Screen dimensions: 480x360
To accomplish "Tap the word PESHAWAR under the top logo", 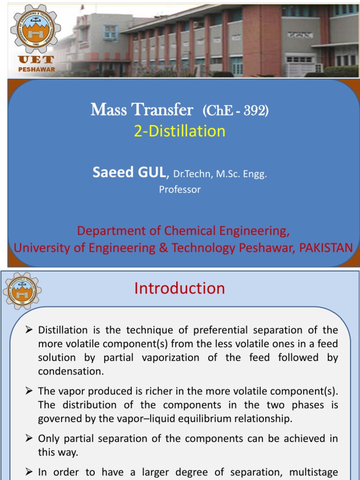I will click(x=36, y=69).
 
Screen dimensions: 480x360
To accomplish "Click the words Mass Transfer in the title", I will click(x=142, y=110).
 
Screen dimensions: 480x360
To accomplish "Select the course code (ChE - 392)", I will click(x=235, y=111).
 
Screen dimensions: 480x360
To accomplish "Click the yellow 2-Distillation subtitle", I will click(x=180, y=131).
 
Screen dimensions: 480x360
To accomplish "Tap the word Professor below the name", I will click(x=180, y=189).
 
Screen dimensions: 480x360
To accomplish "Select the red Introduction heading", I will click(x=180, y=288).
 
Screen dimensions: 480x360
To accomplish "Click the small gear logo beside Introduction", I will click(x=22, y=290).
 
